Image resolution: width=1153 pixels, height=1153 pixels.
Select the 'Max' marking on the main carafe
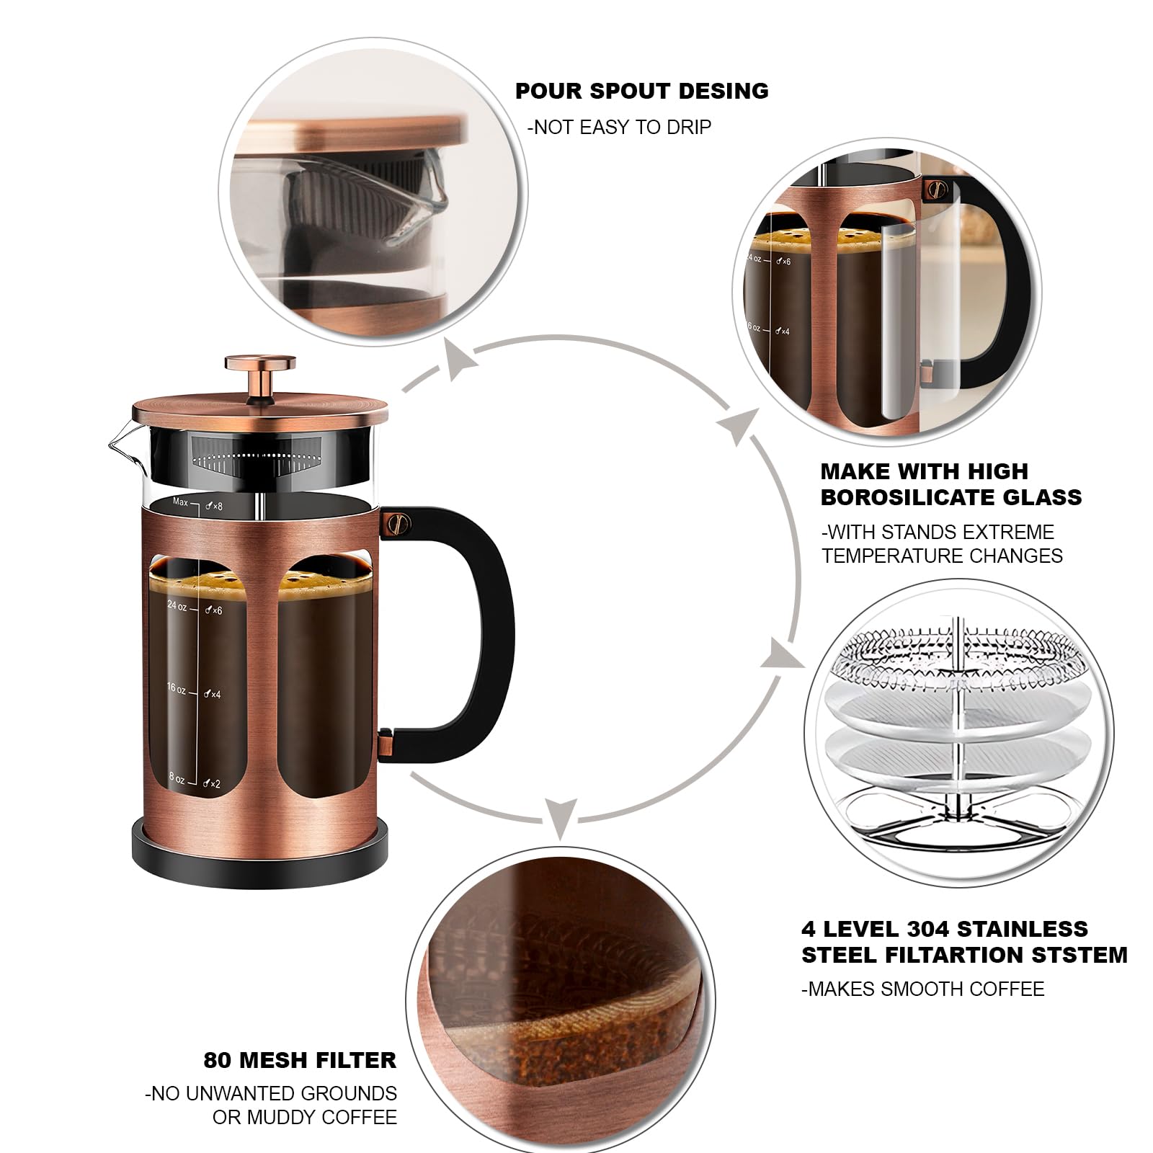coord(179,502)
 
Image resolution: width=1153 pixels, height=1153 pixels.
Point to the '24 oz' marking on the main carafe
coord(177,606)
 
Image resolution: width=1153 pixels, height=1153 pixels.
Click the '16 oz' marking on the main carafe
coord(176,688)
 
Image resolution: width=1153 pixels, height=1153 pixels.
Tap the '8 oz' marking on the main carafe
coord(177,778)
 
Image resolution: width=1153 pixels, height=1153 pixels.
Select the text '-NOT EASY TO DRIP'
coord(619,128)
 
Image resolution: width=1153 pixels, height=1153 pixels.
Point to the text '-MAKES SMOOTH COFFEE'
coord(922,989)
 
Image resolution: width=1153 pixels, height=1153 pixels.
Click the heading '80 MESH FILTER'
coord(300,1060)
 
